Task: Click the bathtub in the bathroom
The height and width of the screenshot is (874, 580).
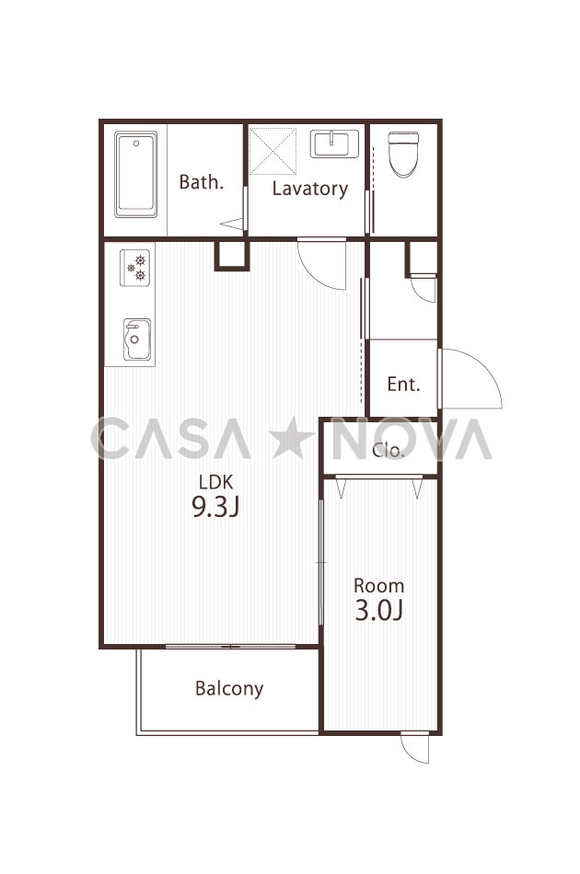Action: pyautogui.click(x=135, y=174)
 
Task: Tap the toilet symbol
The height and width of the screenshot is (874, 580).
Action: pyautogui.click(x=403, y=155)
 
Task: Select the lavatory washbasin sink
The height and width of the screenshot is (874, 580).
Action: pyautogui.click(x=334, y=144)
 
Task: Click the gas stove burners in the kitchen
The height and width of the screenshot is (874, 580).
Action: pyautogui.click(x=135, y=268)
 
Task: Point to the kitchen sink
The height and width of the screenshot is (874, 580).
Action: pyautogui.click(x=136, y=339)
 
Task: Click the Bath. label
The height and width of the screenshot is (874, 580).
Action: pyautogui.click(x=202, y=182)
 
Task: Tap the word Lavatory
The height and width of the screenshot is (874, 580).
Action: pyautogui.click(x=310, y=189)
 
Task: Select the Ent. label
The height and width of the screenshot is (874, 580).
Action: pyautogui.click(x=404, y=384)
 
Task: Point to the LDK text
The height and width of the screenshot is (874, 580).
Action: pyautogui.click(x=215, y=481)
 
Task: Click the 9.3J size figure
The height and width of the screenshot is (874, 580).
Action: pyautogui.click(x=215, y=507)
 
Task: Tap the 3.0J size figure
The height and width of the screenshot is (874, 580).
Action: pyautogui.click(x=379, y=610)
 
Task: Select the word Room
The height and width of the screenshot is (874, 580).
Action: pyautogui.click(x=379, y=586)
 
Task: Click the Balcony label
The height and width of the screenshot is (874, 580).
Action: pyautogui.click(x=229, y=689)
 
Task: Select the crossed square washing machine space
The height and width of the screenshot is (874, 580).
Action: pyautogui.click(x=273, y=151)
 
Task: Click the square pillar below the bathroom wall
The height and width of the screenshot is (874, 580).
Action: pyautogui.click(x=231, y=255)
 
